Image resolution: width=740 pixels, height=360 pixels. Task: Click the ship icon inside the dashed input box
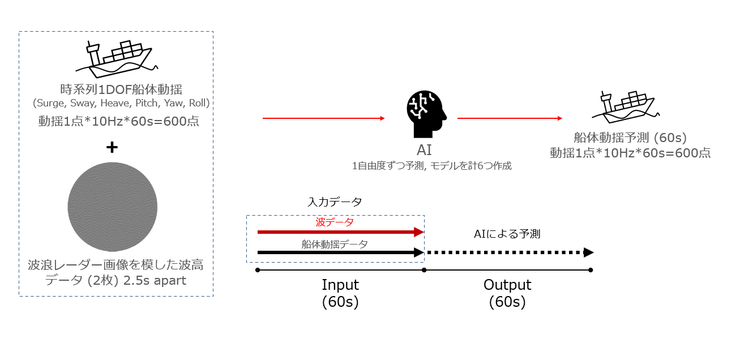pyautogui.click(x=118, y=59)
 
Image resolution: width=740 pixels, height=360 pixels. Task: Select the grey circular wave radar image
pyautogui.click(x=112, y=207)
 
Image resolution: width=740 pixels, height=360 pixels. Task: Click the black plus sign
pyautogui.click(x=112, y=147)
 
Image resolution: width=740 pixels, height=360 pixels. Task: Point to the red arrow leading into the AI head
pyautogui.click(x=323, y=119)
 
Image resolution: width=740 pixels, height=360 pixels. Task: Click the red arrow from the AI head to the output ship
pyautogui.click(x=510, y=119)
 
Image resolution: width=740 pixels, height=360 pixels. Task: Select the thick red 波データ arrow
pyautogui.click(x=340, y=232)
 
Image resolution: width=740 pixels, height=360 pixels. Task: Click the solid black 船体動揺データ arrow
pyautogui.click(x=340, y=252)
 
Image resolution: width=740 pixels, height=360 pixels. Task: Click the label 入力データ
pyautogui.click(x=335, y=202)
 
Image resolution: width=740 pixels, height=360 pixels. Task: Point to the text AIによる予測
pyautogui.click(x=507, y=234)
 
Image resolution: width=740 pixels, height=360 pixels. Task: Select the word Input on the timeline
pyautogui.click(x=340, y=285)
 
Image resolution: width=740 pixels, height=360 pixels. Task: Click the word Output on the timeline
pyautogui.click(x=507, y=285)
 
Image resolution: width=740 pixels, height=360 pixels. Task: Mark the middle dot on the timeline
pyautogui.click(x=424, y=270)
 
